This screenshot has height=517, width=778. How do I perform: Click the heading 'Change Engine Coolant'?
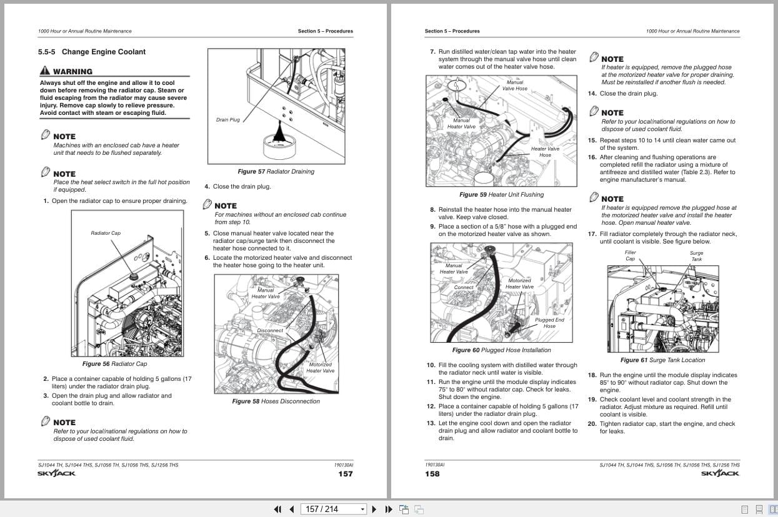(x=103, y=52)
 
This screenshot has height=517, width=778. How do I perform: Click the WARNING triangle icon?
(x=46, y=71)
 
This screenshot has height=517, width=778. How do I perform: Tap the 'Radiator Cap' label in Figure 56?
(x=106, y=233)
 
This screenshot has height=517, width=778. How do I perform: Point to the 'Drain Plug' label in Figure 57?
(x=227, y=120)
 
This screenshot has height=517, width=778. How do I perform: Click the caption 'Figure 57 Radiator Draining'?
(x=276, y=172)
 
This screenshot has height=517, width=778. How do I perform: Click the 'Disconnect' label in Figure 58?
(x=270, y=330)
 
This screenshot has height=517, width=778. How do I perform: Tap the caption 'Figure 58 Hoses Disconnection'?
(x=276, y=401)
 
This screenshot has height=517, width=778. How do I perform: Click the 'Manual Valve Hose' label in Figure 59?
(x=515, y=86)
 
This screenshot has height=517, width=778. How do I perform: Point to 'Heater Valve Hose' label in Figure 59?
(x=545, y=152)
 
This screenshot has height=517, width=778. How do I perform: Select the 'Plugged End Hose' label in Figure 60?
(x=549, y=323)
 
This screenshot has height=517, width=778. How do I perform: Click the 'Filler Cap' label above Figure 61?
(x=631, y=255)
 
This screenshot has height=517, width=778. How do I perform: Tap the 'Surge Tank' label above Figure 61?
(x=696, y=256)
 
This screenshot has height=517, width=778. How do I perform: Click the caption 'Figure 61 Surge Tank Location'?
(x=662, y=360)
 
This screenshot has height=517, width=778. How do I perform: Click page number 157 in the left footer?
(x=345, y=474)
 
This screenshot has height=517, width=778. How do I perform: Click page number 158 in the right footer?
(x=432, y=474)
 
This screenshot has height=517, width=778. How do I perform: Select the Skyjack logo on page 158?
(x=719, y=473)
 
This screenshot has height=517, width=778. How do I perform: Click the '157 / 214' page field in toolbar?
(x=331, y=509)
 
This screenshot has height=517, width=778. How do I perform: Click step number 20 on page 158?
(x=591, y=424)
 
